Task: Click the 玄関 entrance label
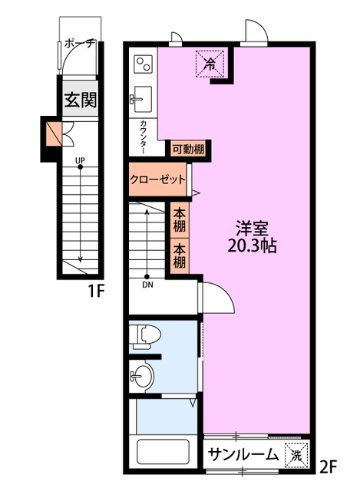point(81,100)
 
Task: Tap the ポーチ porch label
point(80,44)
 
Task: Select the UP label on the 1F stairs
point(80,160)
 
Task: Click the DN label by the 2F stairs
point(147,285)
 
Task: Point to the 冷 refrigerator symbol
point(210,64)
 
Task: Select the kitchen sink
point(141,99)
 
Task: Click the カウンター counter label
point(144,137)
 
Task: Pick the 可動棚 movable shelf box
point(188,150)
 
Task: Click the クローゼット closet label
point(157,180)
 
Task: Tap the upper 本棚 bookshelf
point(180,220)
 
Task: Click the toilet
point(145,337)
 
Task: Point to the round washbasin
point(143,376)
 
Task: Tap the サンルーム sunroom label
point(243,454)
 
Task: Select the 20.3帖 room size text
point(252,246)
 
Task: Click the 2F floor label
point(328,467)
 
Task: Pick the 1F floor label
point(96,292)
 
